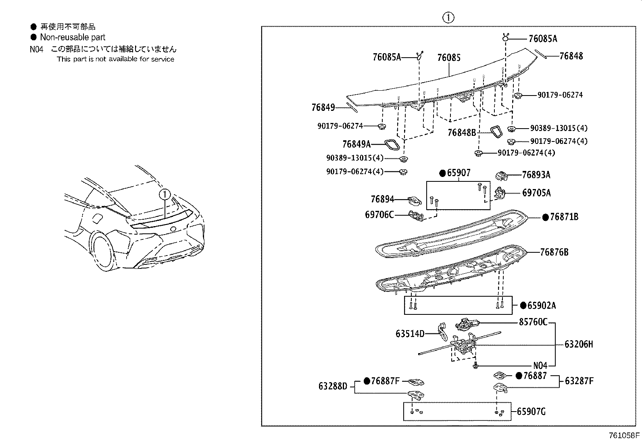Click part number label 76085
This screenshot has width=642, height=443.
(448, 58)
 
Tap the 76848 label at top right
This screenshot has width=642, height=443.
(571, 56)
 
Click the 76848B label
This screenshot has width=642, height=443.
(462, 133)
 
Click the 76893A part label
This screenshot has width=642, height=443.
(536, 175)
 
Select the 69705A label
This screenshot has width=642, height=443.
(536, 193)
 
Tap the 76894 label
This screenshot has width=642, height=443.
(382, 199)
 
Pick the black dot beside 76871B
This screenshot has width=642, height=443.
(545, 217)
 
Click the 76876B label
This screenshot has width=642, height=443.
(554, 252)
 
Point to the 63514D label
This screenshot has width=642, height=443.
(410, 333)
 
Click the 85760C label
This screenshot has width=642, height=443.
(533, 322)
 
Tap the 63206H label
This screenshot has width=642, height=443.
(579, 345)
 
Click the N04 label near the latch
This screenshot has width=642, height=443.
(540, 366)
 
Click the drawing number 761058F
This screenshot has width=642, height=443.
(624, 436)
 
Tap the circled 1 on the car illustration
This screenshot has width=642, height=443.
(165, 194)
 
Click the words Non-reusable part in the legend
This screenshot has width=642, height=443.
(73, 37)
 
